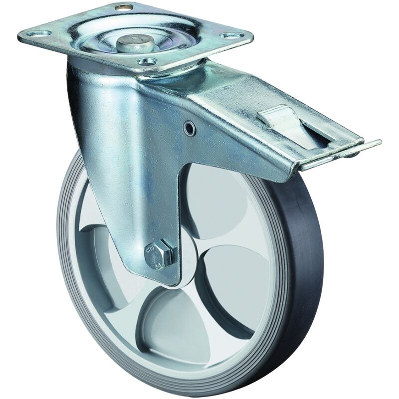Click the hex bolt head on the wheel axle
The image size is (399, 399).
click(x=160, y=253)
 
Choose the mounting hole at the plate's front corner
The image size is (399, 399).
click(x=145, y=61)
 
